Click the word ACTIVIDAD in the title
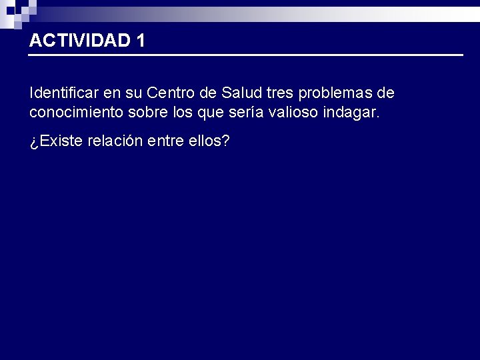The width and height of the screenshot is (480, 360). pyautogui.click(x=79, y=41)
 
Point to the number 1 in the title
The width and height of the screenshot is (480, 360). pyautogui.click(x=139, y=41)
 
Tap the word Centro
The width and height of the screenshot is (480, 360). pyautogui.click(x=169, y=92)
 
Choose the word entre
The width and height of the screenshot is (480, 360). pyautogui.click(x=173, y=142)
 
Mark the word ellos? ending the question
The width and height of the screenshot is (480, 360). pyautogui.click(x=211, y=142)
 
